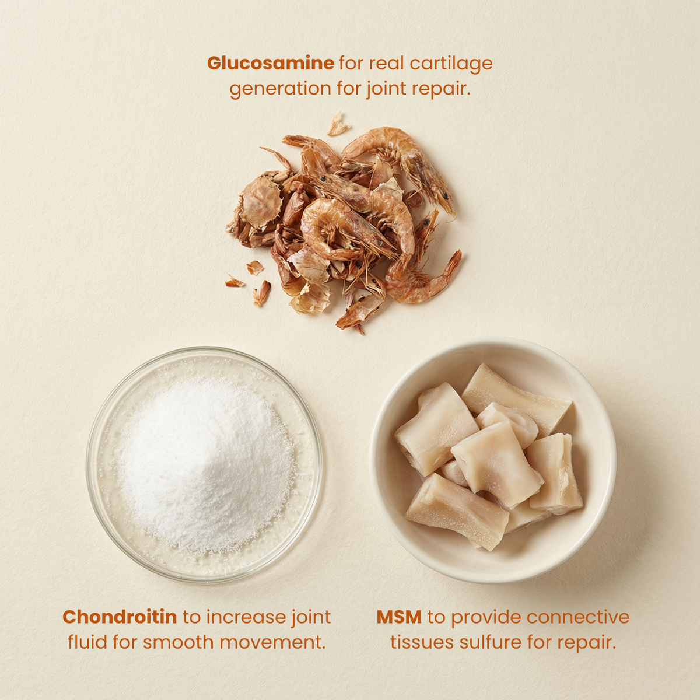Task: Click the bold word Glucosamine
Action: pos(271,63)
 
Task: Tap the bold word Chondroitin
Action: pos(120,617)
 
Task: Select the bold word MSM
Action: pos(399,617)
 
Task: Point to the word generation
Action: pos(280,89)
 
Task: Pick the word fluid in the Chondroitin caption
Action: pos(87,642)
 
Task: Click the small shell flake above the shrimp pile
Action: pos(338,124)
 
